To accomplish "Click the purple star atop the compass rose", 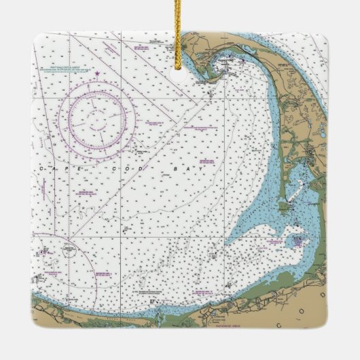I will pos(97,73).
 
